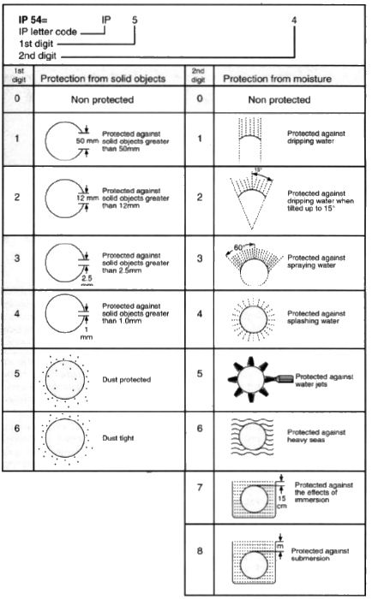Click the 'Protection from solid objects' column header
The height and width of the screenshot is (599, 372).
pos(103,79)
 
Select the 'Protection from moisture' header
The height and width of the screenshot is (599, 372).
pos(278,79)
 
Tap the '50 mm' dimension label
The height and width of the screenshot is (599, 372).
pos(87,141)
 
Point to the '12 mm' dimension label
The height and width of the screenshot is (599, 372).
pos(87,199)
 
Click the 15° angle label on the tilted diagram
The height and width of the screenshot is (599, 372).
pos(257,171)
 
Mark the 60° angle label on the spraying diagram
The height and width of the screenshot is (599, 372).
pos(238,247)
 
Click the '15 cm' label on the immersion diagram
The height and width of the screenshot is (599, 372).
pos(282,502)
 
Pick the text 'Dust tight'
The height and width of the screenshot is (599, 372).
pos(118,438)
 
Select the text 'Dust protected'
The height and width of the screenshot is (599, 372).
pos(126,380)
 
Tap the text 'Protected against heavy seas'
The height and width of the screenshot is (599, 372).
pos(316,436)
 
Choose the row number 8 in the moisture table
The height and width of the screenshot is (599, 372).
pos(200,551)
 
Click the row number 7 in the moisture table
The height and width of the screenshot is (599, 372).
pos(200,488)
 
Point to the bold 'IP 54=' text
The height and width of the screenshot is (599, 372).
pos(33,20)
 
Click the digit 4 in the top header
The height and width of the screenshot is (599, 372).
pos(294,20)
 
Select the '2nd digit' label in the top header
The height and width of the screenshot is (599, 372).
pos(37,56)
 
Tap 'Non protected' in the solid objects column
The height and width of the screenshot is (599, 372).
pos(102,100)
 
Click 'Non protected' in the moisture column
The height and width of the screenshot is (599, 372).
pos(279,100)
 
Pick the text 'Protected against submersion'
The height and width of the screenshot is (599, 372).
pos(320,555)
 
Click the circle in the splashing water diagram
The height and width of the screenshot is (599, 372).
pos(240,319)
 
